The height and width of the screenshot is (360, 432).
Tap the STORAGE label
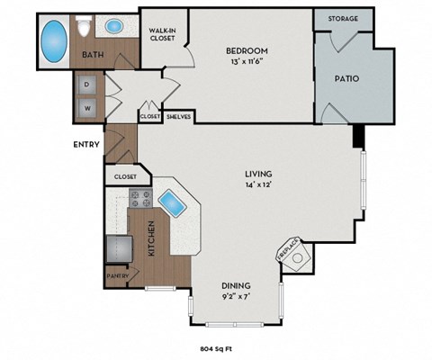tap(343, 18)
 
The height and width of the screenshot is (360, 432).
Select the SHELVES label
tap(178, 116)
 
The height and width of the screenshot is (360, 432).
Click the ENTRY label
tap(86, 143)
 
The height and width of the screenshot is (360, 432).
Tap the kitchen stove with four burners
tap(141, 199)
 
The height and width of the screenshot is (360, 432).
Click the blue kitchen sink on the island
tap(171, 203)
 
